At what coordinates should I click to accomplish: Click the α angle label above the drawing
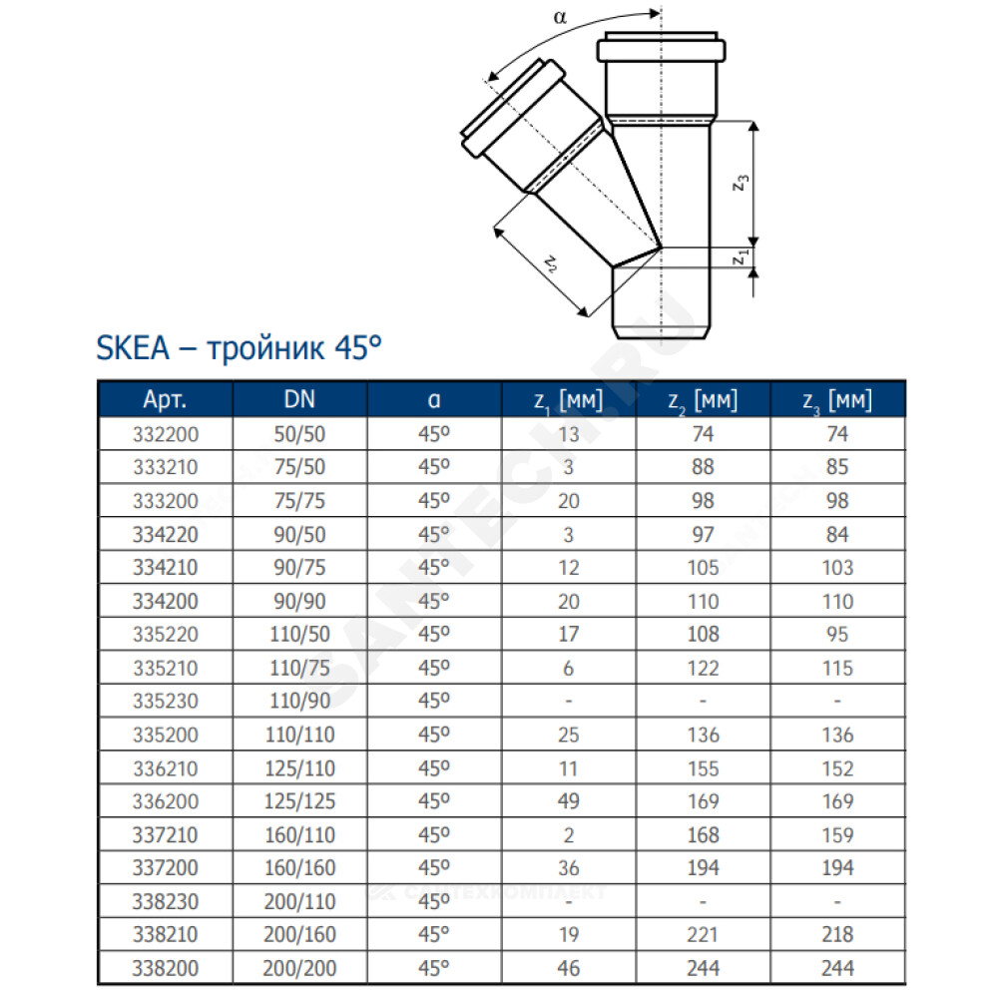point(560,17)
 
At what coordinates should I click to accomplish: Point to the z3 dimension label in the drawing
point(741,184)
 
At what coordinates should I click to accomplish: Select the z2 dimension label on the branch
point(551,262)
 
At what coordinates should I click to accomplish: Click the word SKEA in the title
point(133,348)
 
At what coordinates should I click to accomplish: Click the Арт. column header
point(165,400)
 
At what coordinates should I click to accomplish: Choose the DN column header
point(299,400)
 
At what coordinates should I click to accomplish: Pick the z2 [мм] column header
point(703,400)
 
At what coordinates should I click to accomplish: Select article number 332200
point(166,434)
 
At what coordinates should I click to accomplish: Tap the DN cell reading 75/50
point(299,467)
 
